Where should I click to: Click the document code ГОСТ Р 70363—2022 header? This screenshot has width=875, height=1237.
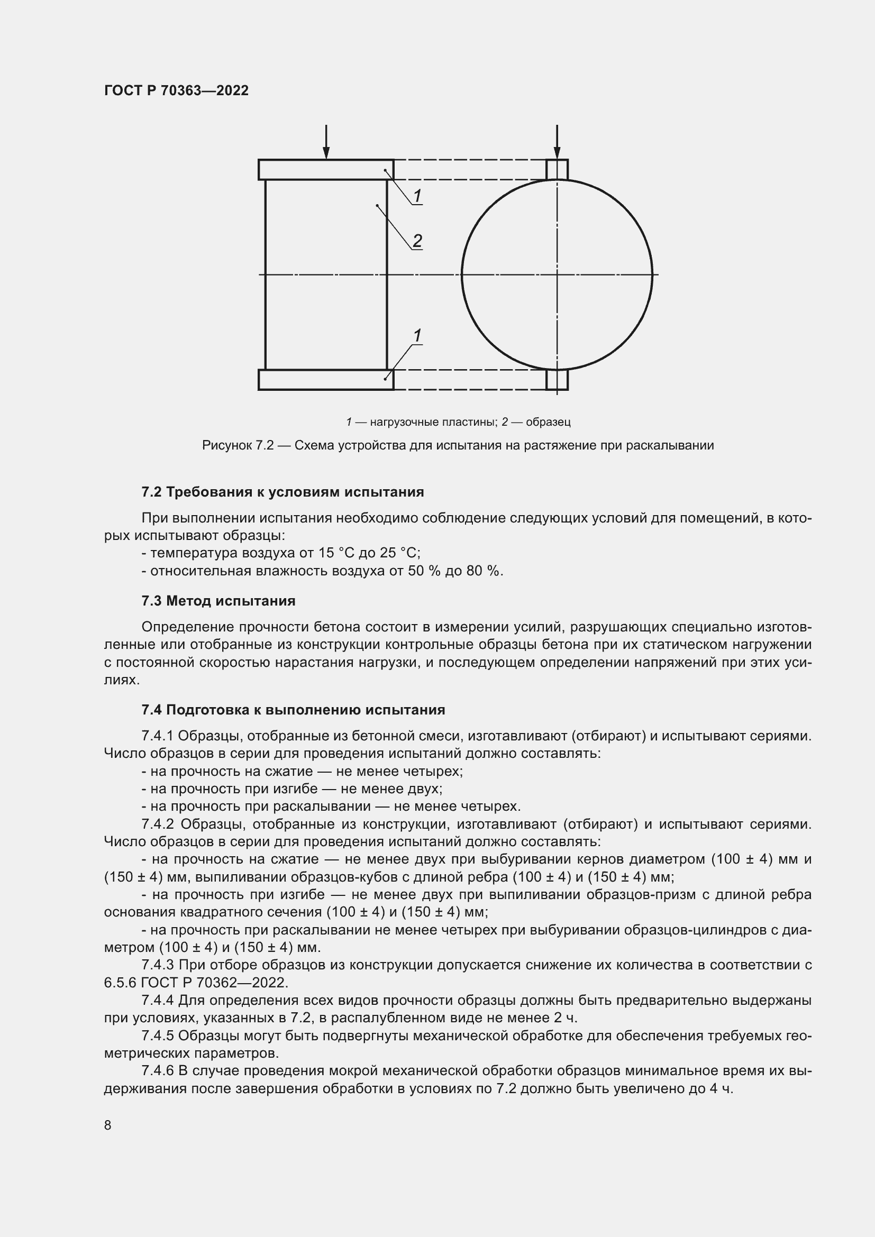click(176, 90)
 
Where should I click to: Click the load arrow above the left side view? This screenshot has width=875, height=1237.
click(326, 141)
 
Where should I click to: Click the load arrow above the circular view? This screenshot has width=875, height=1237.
click(557, 141)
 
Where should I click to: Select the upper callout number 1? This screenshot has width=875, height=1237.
click(417, 196)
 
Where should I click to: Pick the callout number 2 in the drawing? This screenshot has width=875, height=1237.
click(417, 240)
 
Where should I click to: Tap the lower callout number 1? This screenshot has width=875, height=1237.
click(417, 336)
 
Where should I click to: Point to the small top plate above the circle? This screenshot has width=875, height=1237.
click(557, 169)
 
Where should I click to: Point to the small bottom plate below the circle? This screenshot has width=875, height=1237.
click(557, 380)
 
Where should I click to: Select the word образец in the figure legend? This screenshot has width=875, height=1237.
click(548, 422)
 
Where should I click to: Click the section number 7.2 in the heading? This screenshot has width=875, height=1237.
click(151, 492)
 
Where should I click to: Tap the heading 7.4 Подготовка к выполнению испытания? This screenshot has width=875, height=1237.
click(293, 710)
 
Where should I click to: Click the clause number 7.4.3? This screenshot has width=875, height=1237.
click(157, 965)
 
